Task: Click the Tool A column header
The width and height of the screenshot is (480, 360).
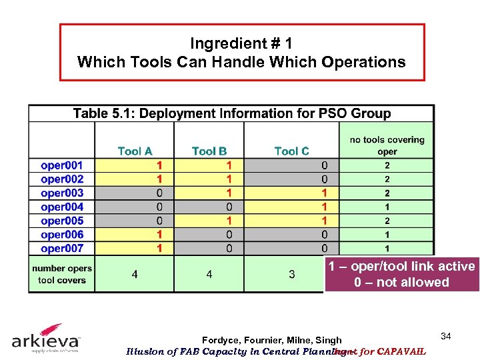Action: pyautogui.click(x=135, y=151)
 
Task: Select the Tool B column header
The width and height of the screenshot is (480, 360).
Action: pyautogui.click(x=209, y=151)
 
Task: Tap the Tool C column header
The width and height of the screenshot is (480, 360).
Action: pyautogui.click(x=291, y=151)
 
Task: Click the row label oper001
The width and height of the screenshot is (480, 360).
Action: pyautogui.click(x=62, y=165)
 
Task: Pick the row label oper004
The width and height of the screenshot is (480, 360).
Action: pyautogui.click(x=62, y=207)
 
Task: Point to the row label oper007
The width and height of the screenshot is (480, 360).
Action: pyautogui.click(x=62, y=249)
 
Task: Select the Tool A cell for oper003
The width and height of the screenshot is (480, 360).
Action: pyautogui.click(x=159, y=193)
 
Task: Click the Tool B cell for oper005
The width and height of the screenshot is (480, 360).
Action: pyautogui.click(x=229, y=221)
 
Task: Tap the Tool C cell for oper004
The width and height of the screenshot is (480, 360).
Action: pyautogui.click(x=325, y=207)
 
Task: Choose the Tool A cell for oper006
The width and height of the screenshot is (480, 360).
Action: pyautogui.click(x=159, y=235)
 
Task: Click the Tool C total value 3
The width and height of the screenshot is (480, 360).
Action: pyautogui.click(x=291, y=274)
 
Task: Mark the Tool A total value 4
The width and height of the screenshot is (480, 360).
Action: pyautogui.click(x=135, y=274)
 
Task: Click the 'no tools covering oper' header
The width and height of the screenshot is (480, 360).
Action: pyautogui.click(x=387, y=145)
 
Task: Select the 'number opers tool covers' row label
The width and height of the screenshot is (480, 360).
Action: pyautogui.click(x=62, y=274)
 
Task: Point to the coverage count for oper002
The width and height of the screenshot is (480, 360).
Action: pyautogui.click(x=387, y=179)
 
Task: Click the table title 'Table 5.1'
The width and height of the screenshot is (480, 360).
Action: pyautogui.click(x=231, y=113)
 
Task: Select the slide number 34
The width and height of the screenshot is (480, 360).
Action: pyautogui.click(x=446, y=337)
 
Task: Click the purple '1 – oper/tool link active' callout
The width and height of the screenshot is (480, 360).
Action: pyautogui.click(x=401, y=274)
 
